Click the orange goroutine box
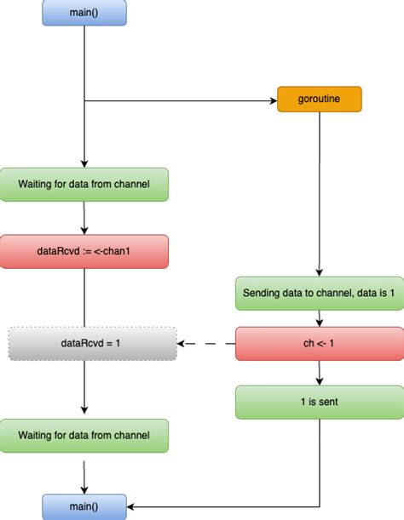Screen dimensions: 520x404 tap(320, 100)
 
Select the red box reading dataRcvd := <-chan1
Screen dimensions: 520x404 tap(84, 251)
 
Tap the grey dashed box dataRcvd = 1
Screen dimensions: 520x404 tap(93, 344)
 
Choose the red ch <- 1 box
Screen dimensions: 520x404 tap(319, 344)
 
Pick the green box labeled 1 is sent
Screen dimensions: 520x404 tap(319, 401)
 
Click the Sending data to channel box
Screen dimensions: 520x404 tap(319, 293)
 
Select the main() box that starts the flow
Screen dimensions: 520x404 tap(84, 12)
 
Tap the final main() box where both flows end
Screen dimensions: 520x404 tap(84, 506)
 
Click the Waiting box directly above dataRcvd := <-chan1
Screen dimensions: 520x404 tap(84, 184)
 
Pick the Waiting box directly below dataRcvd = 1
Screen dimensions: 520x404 tap(84, 435)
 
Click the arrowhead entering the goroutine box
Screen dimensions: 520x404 tap(272, 100)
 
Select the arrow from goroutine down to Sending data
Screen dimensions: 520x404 tap(319, 196)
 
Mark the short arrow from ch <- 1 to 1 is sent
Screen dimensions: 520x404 tap(319, 373)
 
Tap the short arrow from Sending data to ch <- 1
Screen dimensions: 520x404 tap(319, 317)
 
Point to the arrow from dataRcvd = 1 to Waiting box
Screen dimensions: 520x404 tap(84, 389)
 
